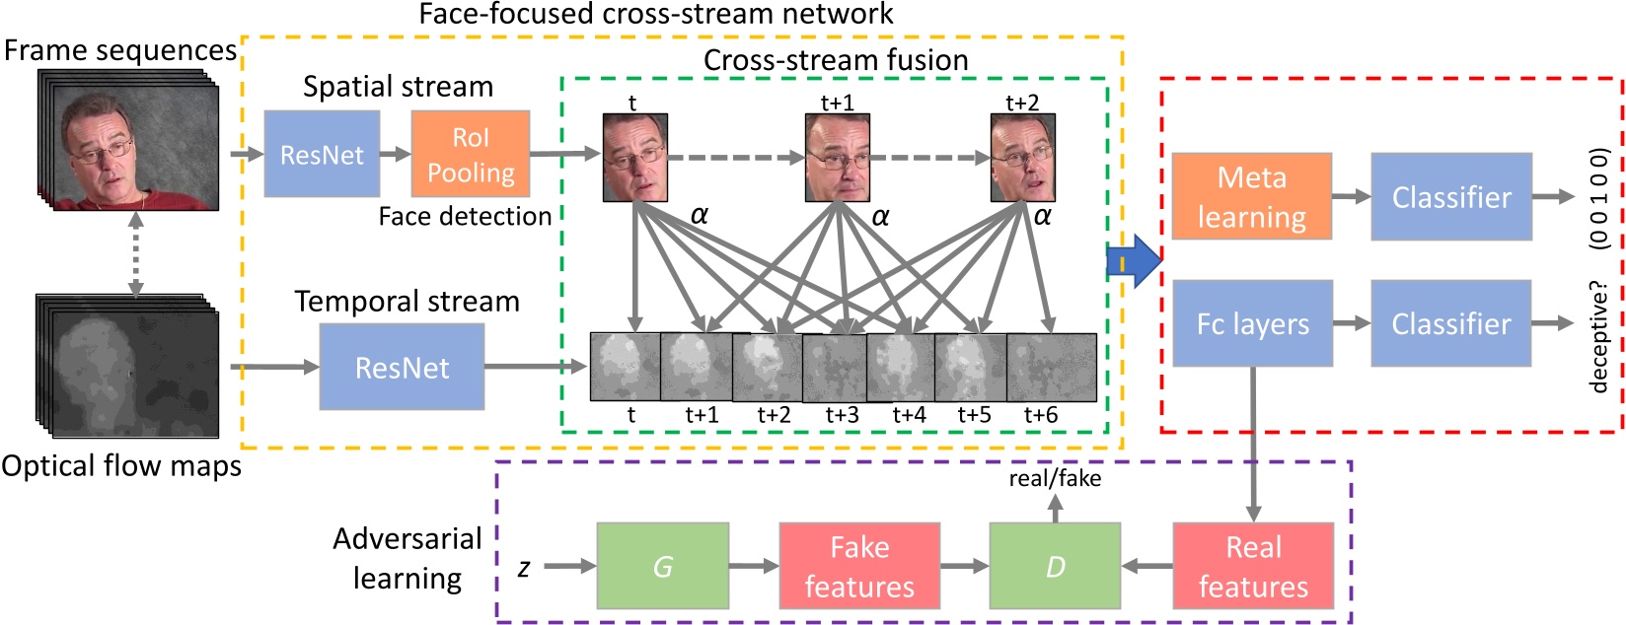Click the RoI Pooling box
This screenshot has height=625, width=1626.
tap(471, 154)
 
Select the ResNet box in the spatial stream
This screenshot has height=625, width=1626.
tap(322, 154)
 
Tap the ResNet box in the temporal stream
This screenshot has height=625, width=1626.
tap(403, 367)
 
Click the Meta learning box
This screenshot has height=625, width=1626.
tap(1252, 196)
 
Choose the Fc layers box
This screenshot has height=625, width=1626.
tap(1253, 323)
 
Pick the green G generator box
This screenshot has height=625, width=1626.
tap(663, 566)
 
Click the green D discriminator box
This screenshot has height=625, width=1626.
tap(1055, 566)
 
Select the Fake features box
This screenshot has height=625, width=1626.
tap(859, 566)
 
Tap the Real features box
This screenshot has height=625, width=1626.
tap(1254, 566)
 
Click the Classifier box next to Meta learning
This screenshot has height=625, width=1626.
tap(1451, 196)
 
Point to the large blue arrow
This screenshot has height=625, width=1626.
tap(1135, 261)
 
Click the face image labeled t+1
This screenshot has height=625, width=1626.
tap(838, 158)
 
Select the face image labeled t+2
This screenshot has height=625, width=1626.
tap(1023, 158)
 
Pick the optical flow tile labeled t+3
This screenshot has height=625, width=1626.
tap(835, 368)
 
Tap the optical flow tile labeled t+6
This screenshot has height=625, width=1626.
tap(1052, 367)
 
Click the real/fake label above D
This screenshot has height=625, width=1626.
tap(1055, 478)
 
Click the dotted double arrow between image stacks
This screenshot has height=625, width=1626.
tap(136, 253)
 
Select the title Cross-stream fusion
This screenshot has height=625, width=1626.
tap(836, 60)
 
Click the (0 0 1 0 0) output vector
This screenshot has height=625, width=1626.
tap(1598, 199)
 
